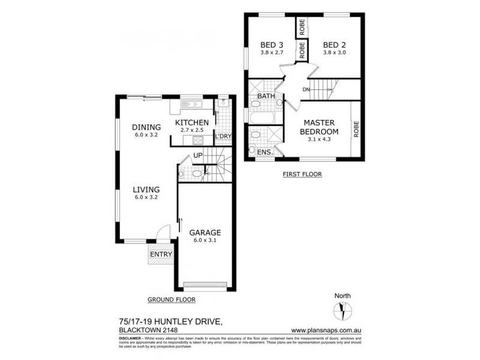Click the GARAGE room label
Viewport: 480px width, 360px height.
point(206,232)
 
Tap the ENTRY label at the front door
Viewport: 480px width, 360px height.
point(160,254)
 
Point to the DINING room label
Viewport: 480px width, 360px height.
point(146,127)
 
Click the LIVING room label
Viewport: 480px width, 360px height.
point(146,190)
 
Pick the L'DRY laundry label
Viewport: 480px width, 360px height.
point(223,136)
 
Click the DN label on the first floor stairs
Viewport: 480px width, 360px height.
point(306,89)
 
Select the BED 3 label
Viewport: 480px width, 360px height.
point(271,45)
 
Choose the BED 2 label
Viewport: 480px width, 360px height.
point(334,45)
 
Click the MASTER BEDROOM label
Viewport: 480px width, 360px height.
point(320,127)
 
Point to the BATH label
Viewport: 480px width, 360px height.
point(266,96)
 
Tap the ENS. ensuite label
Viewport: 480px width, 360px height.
point(265,152)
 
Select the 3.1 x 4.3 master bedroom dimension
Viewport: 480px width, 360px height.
point(320,140)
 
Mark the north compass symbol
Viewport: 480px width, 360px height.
point(343,312)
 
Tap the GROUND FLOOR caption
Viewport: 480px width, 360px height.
point(171,299)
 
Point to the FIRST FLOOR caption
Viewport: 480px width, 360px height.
point(302,175)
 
